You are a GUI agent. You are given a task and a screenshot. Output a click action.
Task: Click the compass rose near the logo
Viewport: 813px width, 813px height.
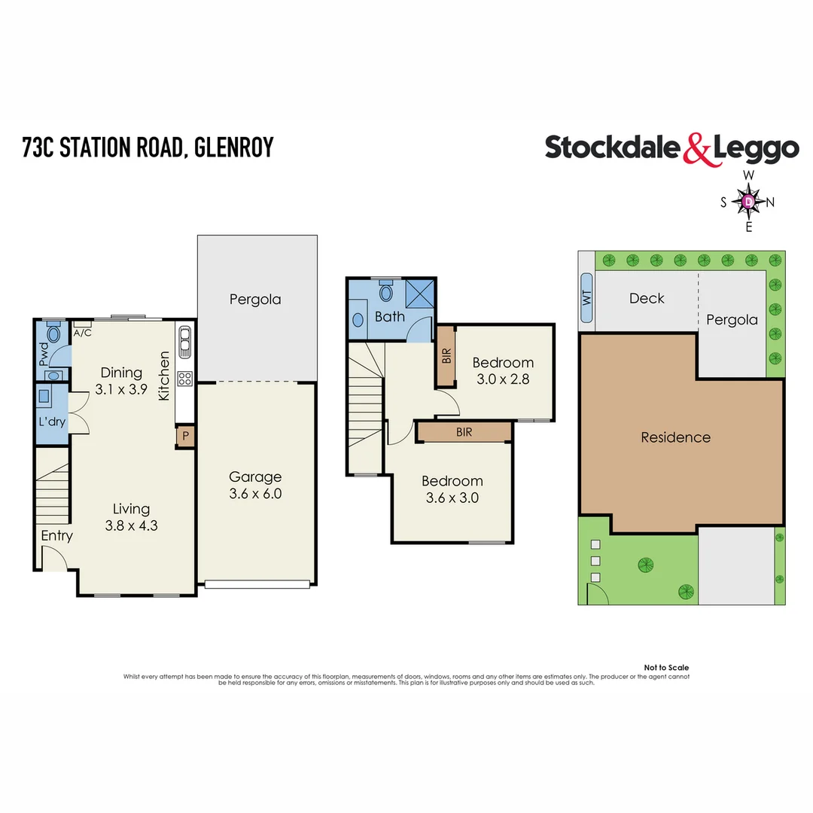[748, 201]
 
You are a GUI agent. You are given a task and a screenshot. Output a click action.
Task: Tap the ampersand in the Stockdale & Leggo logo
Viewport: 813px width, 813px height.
[696, 148]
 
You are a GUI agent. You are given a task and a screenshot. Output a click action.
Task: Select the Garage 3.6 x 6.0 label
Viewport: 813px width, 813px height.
[255, 485]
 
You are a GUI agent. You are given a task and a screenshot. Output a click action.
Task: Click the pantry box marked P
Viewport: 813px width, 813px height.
[184, 437]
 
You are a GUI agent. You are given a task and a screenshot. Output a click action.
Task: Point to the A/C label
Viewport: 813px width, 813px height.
[82, 332]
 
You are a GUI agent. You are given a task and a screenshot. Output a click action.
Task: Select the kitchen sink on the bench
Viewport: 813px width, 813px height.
[184, 343]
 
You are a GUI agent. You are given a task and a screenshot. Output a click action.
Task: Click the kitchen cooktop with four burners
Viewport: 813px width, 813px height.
[184, 379]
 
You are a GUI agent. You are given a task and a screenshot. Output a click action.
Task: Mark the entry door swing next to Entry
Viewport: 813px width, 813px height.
[53, 559]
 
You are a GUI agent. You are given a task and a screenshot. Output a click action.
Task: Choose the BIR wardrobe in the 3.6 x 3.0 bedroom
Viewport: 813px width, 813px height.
[464, 432]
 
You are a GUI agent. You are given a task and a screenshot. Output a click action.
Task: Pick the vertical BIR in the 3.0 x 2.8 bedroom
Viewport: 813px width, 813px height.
[446, 357]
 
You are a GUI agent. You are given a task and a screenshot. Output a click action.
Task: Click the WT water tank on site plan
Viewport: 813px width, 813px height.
[587, 299]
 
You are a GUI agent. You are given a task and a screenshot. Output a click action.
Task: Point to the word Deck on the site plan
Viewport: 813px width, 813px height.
[646, 298]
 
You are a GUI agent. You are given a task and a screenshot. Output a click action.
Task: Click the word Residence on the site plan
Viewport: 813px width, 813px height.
[675, 437]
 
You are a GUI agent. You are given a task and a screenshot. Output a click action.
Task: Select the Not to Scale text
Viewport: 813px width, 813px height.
[666, 668]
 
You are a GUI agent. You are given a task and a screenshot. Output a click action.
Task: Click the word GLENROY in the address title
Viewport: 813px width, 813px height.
[233, 147]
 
